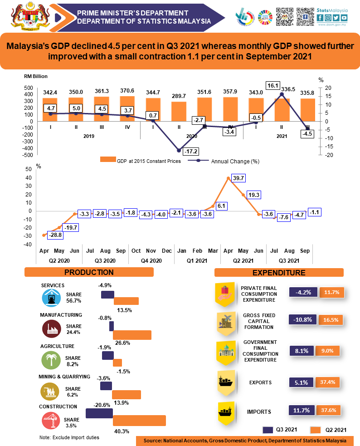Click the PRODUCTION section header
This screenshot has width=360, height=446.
coord(89,272)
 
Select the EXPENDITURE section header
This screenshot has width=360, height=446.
coord(279,273)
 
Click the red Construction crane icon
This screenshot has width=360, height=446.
coord(51,420)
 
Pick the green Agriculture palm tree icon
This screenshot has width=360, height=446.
coord(51,360)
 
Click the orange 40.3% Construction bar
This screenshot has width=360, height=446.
coord(139,420)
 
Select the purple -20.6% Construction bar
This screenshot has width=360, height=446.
coord(99,413)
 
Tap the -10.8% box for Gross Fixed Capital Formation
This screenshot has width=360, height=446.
coord(303,320)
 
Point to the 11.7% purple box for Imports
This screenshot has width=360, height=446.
coord(301,411)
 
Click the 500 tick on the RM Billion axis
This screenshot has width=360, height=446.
coord(28,88)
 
